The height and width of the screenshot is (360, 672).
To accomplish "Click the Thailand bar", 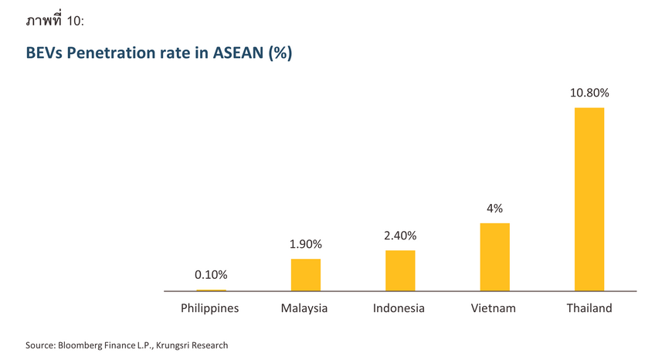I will coord(589,199).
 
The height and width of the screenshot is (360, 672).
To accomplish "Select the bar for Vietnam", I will coord(495,256).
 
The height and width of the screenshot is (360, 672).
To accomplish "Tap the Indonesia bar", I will coord(400,270).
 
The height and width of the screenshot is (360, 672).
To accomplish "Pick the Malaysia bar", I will coord(306,274).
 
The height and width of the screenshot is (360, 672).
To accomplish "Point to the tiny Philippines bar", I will coord(211,290).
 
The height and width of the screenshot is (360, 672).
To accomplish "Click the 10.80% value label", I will coord(589,93).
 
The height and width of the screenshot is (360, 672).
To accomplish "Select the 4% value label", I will coord(495,208).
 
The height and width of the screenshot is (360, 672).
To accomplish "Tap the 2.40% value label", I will coord(400,236).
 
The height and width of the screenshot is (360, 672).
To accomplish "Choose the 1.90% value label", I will coord(306,244).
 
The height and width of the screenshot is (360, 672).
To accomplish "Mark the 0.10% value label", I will coord(211,274).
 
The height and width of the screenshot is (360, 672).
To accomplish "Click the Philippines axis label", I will coord(210,308).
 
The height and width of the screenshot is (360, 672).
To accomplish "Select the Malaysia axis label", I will coord(304,308).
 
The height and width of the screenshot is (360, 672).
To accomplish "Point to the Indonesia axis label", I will coord(399,308).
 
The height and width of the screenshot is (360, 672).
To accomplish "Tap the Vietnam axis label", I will coord(494,308).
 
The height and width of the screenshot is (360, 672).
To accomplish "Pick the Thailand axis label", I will coord(589,308).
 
